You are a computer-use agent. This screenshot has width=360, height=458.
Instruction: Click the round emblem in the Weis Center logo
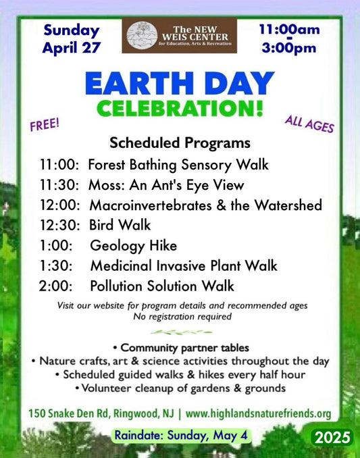point(143,35)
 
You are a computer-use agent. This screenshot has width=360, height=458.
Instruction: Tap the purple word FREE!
point(45,124)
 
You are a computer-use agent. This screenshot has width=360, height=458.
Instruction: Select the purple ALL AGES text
point(309,124)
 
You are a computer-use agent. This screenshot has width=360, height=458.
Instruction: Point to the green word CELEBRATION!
point(180,108)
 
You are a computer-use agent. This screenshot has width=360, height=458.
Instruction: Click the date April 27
point(72,47)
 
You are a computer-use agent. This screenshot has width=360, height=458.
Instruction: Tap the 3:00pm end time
point(289,48)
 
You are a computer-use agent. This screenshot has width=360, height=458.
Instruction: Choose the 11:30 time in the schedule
point(59,185)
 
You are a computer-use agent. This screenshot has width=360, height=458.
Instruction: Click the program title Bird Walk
point(120,225)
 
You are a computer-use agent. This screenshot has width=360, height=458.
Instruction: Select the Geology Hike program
point(134,246)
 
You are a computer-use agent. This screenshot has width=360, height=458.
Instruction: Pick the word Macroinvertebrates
point(151,205)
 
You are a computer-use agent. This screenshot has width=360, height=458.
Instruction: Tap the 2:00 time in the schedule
point(55,286)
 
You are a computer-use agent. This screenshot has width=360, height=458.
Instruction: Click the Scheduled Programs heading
point(180,143)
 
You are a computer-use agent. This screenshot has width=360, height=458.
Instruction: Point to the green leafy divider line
point(181,332)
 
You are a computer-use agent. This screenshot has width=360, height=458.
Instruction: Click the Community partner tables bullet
point(181,348)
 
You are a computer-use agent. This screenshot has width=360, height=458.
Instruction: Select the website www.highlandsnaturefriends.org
point(259,413)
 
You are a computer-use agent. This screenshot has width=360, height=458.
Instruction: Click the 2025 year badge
point(332,437)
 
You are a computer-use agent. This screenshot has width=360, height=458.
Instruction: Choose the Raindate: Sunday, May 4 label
point(181,435)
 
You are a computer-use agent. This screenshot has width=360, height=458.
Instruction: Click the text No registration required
point(182,316)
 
